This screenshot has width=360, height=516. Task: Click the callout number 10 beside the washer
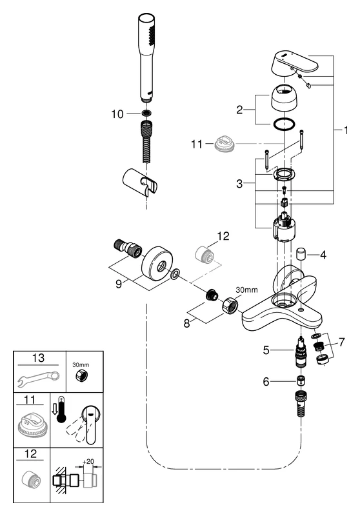[x=117, y=114]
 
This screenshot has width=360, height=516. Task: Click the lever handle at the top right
[x=295, y=62]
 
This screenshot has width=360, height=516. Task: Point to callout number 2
[x=239, y=110]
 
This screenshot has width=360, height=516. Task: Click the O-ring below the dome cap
[x=283, y=124]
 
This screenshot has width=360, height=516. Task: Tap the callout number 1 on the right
[x=346, y=130]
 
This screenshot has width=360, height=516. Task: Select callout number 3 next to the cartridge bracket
[x=239, y=184]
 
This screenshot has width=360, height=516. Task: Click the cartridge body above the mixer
[x=283, y=227]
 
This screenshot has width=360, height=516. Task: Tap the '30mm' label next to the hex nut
[x=247, y=290]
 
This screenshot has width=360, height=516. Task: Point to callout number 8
[x=187, y=324]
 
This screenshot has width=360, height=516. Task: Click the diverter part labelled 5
[x=301, y=352]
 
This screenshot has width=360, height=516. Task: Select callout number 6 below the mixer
[x=266, y=381]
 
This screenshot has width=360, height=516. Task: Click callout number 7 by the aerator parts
[x=342, y=342]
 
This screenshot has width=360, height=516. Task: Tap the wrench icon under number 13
[x=38, y=379]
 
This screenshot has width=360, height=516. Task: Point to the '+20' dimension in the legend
[x=88, y=461]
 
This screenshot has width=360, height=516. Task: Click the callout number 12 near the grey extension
[x=223, y=236]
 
